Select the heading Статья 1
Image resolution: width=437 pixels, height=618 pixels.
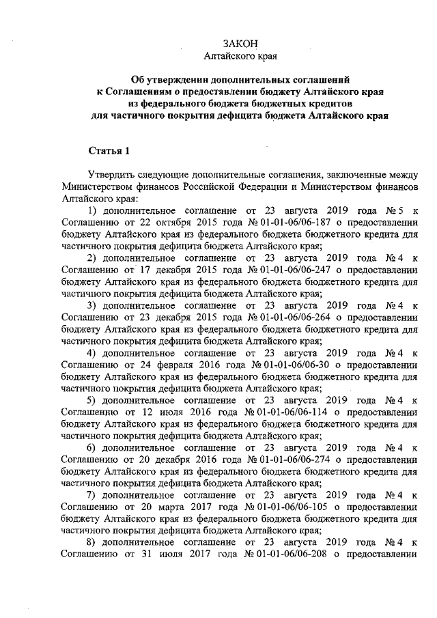(x=109, y=150)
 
